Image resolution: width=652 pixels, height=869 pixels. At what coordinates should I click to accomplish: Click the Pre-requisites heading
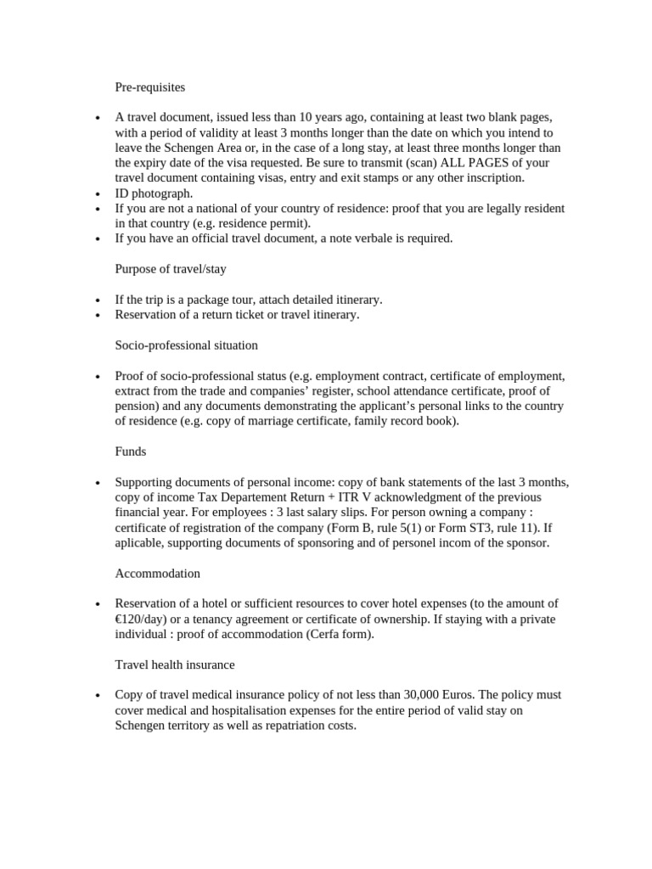pos(149,87)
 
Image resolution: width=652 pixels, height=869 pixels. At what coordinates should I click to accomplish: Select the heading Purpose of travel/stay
pos(170,269)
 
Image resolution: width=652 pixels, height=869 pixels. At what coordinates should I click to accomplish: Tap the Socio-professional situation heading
pos(186,345)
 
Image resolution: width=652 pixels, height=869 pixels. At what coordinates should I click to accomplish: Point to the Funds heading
pos(130,451)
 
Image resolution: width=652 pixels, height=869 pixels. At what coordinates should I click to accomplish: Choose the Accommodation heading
pos(158,573)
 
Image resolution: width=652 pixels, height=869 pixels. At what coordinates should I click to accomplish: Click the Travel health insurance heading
pos(175,664)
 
